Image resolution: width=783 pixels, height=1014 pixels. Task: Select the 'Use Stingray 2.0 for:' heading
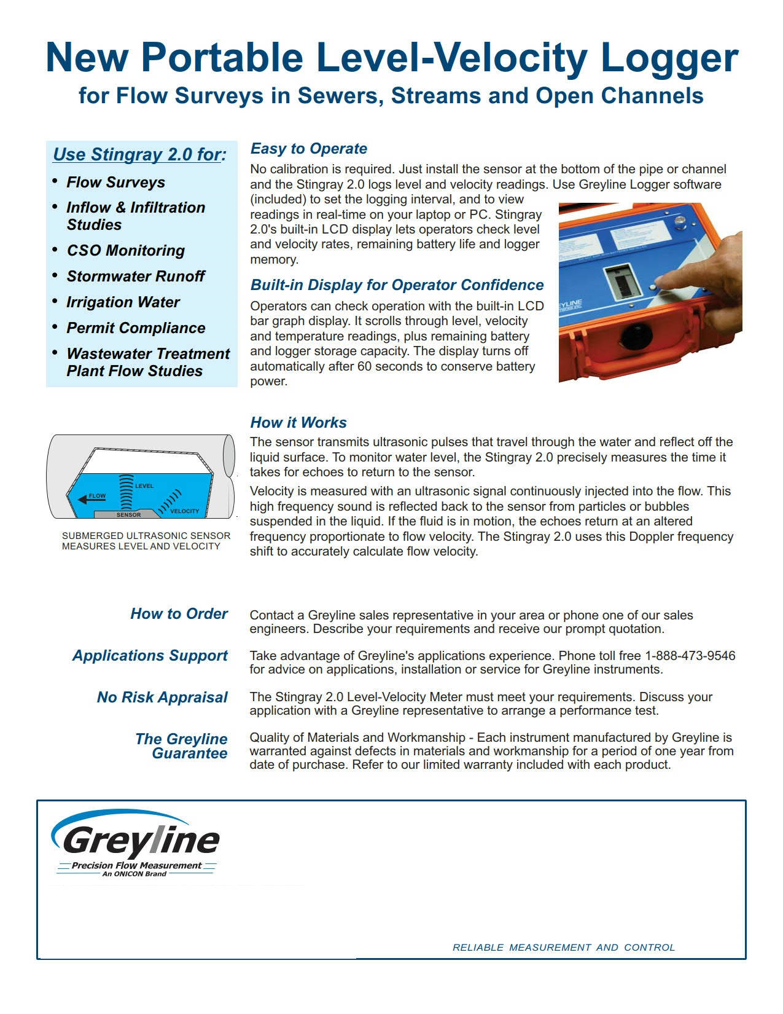pyautogui.click(x=139, y=154)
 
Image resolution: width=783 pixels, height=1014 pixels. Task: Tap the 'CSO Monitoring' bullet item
pyautogui.click(x=125, y=251)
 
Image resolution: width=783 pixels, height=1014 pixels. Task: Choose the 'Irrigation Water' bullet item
pyautogui.click(x=123, y=302)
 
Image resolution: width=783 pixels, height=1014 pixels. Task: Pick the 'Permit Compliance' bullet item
pyautogui.click(x=136, y=328)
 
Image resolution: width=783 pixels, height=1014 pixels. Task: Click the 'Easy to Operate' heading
pyautogui.click(x=308, y=149)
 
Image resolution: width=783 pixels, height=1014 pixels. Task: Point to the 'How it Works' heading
pyautogui.click(x=298, y=423)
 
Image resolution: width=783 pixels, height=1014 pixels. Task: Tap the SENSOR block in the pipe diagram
pyautogui.click(x=128, y=514)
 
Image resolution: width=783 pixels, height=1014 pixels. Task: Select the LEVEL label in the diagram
pyautogui.click(x=144, y=486)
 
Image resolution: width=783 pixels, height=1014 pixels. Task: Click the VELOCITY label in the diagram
pyautogui.click(x=184, y=511)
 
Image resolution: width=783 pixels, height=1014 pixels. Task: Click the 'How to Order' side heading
pyautogui.click(x=179, y=614)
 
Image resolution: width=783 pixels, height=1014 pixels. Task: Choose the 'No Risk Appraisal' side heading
pyautogui.click(x=162, y=698)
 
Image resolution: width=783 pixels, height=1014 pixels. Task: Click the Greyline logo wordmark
pyautogui.click(x=141, y=840)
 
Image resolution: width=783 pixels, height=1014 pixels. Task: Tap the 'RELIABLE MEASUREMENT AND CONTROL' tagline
pyautogui.click(x=563, y=948)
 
